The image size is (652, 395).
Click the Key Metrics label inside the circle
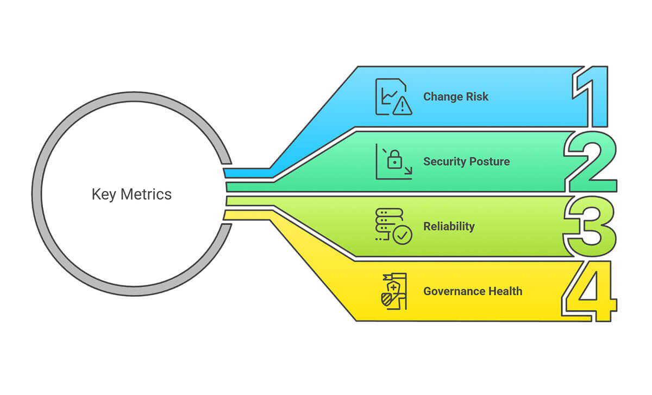pos(131,194)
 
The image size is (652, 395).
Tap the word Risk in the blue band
pos(477,97)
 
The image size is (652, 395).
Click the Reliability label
pos(449,226)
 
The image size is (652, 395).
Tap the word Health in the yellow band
pos(505,291)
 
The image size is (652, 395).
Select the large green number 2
pos(592,162)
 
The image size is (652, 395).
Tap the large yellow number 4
pos(591,292)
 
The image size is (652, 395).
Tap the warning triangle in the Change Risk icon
pos(403,106)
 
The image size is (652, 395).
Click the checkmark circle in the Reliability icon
pos(403,235)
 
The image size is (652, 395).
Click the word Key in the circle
pos(104,194)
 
